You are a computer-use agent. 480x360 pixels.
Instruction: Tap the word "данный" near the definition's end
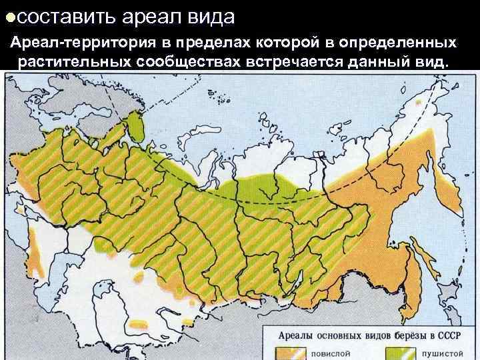tap(373, 62)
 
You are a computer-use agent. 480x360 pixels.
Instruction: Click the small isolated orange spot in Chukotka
tap(419, 103)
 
